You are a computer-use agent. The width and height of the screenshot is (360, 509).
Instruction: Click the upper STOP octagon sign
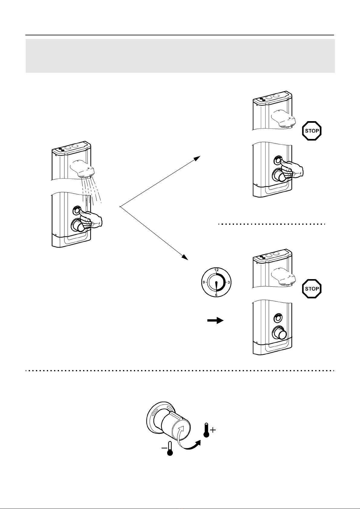pos(312,131)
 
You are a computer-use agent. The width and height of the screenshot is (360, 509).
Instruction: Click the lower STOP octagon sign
pos(312,289)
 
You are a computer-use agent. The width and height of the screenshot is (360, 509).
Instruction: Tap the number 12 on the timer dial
pos(216,270)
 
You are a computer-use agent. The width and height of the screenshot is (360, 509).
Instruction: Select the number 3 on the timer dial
pos(229,282)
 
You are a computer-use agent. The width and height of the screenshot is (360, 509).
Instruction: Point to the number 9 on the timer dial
pos(204,282)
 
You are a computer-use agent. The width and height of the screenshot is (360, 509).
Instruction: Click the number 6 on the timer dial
pos(216,295)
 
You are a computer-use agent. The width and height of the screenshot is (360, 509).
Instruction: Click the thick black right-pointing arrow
pos(215,321)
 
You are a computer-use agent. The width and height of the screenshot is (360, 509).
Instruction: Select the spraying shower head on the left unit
pos(82,169)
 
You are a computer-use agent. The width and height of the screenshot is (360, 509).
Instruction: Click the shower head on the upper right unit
pos(283,119)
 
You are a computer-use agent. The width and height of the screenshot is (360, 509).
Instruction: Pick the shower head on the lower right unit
pos(283,277)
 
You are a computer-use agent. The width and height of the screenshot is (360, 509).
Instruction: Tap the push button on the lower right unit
pos(277,318)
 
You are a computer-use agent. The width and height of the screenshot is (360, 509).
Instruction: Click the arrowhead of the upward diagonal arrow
pos(197,158)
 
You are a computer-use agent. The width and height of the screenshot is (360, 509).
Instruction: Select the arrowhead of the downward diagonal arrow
pos(185,257)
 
